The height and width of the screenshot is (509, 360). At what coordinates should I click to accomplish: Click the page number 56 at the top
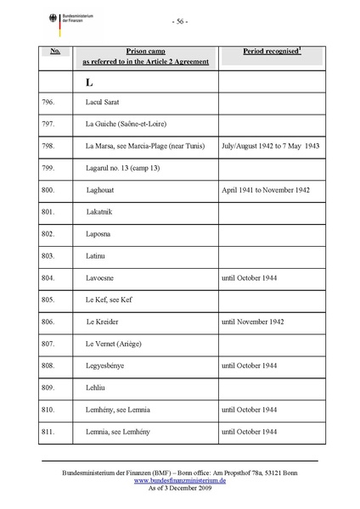pos(179,21)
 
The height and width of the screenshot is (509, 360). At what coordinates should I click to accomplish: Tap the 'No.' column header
pos(54,52)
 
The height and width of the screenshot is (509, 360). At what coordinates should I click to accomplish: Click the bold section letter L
pos(88,83)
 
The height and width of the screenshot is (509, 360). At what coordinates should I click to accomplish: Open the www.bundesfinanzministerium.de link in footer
pos(179,479)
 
